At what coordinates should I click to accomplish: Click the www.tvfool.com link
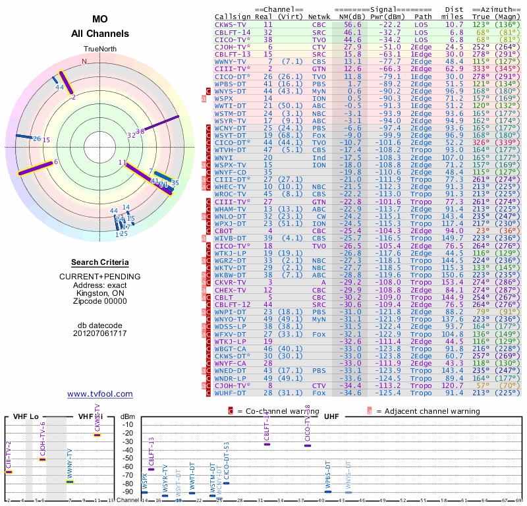(100, 394)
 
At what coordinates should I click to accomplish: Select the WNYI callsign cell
(224, 158)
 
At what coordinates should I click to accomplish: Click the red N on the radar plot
(84, 62)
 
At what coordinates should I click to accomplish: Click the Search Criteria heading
(100, 262)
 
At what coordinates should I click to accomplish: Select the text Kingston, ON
(100, 293)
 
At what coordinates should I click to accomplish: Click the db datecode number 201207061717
(100, 333)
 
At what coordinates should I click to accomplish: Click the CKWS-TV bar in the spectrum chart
(97, 436)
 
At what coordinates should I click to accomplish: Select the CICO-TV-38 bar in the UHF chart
(308, 445)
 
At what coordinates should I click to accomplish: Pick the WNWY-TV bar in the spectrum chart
(70, 482)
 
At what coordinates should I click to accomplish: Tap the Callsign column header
(233, 16)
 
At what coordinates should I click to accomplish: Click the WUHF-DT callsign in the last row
(231, 393)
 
